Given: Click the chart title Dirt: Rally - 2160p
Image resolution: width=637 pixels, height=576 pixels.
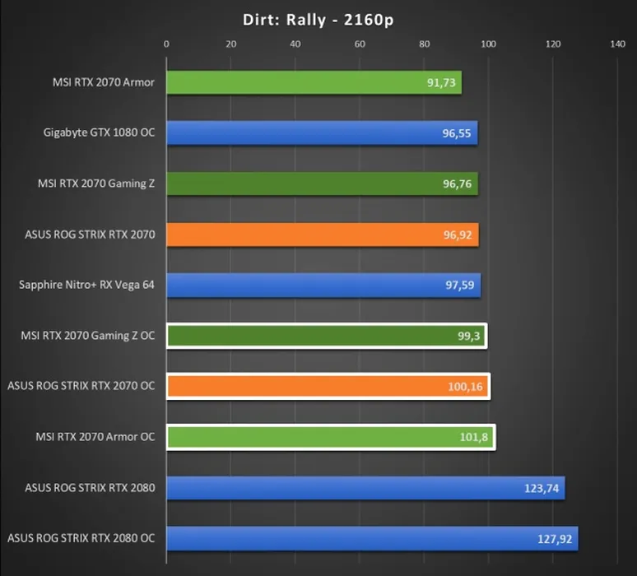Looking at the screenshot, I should click(x=318, y=20).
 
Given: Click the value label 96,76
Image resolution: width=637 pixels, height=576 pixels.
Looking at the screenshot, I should click(x=457, y=184).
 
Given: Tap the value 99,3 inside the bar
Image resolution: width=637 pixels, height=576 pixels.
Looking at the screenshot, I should click(x=470, y=337).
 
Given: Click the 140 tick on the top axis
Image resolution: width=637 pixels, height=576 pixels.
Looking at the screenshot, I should click(x=618, y=44).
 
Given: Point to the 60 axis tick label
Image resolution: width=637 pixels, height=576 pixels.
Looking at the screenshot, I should click(x=360, y=44).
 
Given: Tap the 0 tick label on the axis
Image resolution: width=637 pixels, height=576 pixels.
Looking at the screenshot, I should click(x=166, y=44).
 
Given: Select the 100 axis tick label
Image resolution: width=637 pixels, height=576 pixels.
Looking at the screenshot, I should click(x=489, y=44).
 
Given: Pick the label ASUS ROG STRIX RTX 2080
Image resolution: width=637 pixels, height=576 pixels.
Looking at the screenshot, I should click(x=91, y=488).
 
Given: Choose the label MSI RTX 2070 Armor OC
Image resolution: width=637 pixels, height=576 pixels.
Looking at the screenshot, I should click(x=95, y=437).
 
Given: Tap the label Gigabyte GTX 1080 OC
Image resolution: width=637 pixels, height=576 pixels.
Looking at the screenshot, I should click(x=100, y=132).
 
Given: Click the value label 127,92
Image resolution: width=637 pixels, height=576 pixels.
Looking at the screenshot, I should click(x=554, y=540).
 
